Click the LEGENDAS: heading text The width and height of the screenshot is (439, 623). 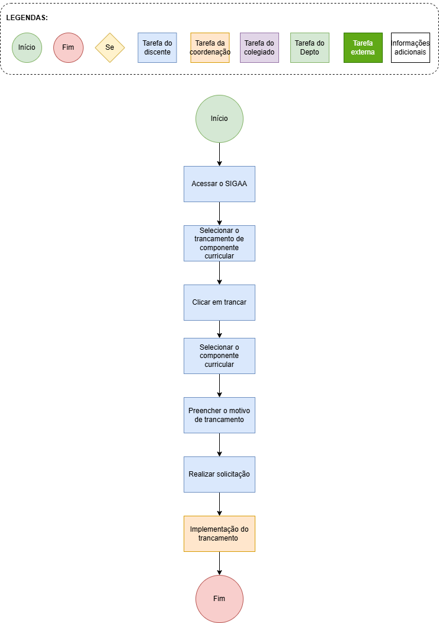27,18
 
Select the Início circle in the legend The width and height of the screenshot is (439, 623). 27,47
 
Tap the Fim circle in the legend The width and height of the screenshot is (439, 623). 68,47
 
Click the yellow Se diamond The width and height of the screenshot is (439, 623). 110,47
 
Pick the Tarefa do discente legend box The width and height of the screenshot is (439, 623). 157,47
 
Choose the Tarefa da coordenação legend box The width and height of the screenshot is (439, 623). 210,47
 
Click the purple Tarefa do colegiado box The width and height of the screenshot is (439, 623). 259,47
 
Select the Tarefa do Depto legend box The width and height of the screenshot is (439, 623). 310,47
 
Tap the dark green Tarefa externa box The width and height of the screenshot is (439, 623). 363,47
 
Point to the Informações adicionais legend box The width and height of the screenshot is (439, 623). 411,47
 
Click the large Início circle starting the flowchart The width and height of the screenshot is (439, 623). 219,119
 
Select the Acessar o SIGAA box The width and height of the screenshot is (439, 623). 219,184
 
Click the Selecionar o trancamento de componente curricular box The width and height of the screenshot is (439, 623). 219,243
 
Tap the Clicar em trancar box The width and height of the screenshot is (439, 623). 219,302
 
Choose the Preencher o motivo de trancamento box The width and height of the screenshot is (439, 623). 219,415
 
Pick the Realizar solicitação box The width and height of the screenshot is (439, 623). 219,474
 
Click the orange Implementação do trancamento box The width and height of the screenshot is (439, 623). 219,533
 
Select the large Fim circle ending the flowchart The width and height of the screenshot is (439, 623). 219,599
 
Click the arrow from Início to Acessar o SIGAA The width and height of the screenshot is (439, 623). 219,155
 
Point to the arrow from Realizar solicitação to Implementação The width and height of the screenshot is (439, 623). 219,504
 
